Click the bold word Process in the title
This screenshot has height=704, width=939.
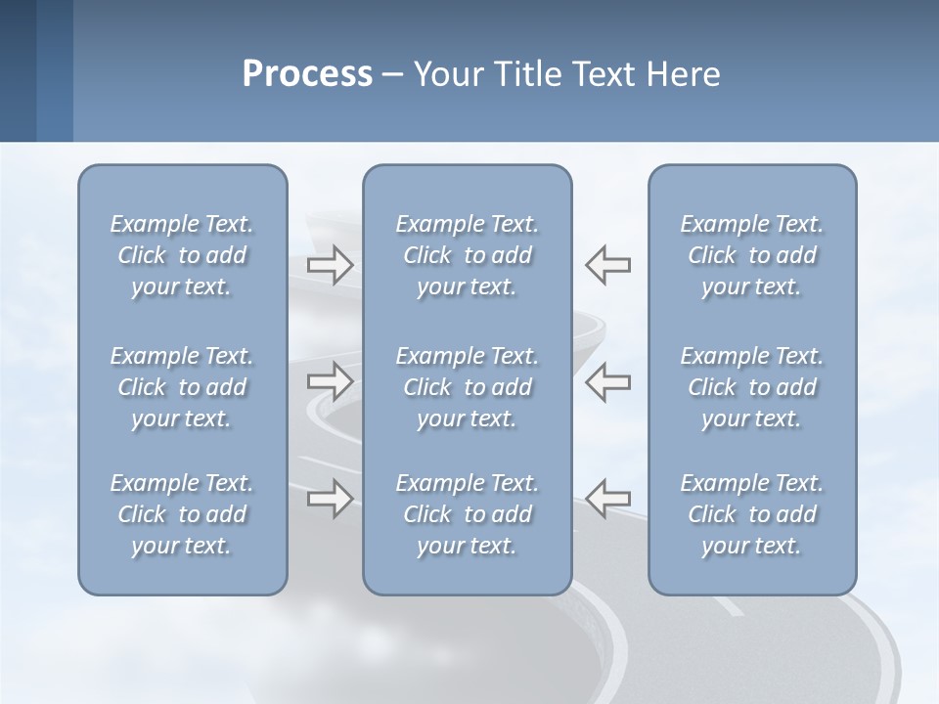(307, 74)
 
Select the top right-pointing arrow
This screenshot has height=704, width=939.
(330, 264)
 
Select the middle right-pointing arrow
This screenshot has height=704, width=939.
(330, 381)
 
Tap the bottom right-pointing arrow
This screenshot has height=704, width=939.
(330, 499)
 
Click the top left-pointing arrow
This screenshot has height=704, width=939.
(608, 264)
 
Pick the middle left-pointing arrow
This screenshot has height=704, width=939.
(608, 381)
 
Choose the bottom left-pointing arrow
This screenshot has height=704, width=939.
(608, 499)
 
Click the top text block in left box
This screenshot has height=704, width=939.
(182, 255)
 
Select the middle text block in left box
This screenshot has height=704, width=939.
(182, 387)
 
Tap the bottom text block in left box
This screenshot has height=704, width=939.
(182, 514)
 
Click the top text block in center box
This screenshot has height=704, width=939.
(468, 255)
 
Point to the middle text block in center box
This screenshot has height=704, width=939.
(468, 387)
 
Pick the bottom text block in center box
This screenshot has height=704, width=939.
(468, 514)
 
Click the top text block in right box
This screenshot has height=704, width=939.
(752, 255)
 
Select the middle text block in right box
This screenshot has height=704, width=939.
(752, 387)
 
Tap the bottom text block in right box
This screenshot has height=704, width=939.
(752, 514)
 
